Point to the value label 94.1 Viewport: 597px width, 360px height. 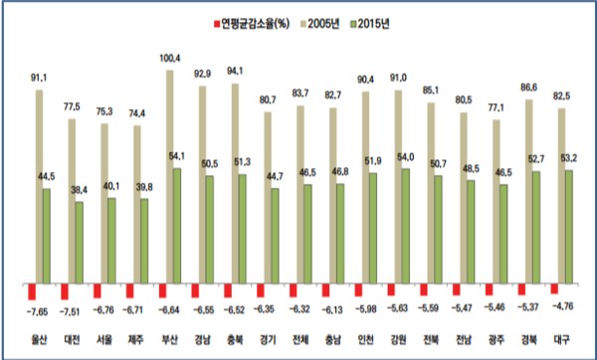click(235, 71)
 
